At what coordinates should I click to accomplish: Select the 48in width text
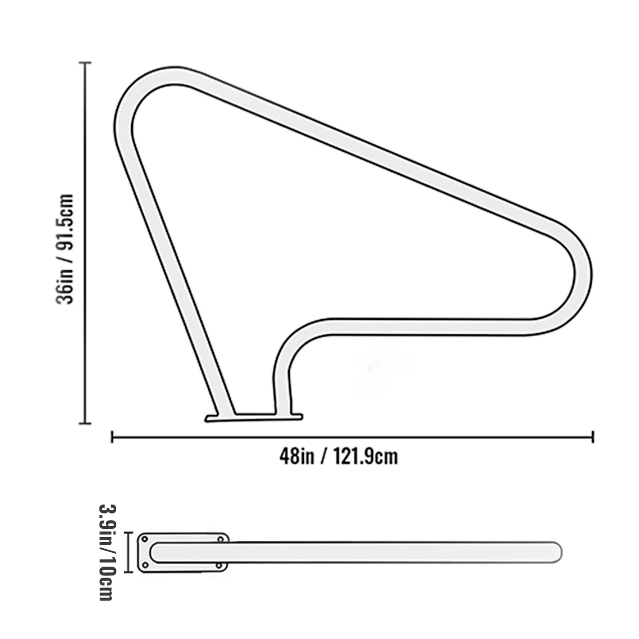point(296,456)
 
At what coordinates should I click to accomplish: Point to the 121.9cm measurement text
point(365,456)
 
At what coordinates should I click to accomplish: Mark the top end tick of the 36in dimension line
point(85,62)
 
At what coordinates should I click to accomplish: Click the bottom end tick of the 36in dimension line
point(85,423)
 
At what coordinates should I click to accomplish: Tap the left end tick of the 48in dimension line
point(112,437)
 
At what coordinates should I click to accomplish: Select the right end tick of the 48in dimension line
point(593,437)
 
